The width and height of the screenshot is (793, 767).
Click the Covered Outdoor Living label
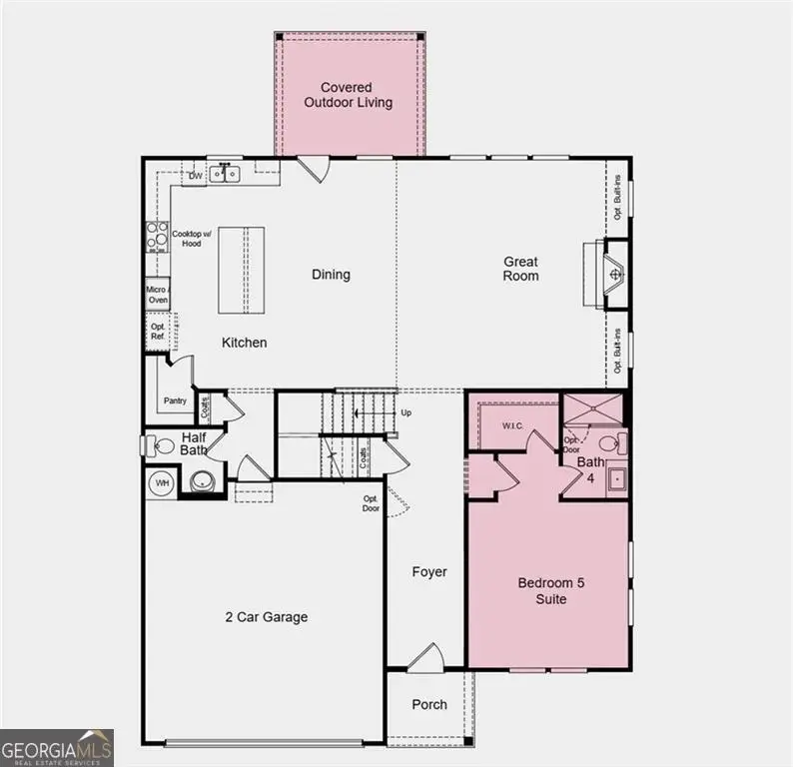[349, 95]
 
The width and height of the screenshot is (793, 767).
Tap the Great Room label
[520, 269]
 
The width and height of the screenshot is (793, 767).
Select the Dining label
[331, 274]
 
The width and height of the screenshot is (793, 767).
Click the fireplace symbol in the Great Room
[615, 273]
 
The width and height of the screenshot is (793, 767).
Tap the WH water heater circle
[161, 483]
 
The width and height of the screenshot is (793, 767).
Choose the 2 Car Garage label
[266, 617]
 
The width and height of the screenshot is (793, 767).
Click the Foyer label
[429, 572]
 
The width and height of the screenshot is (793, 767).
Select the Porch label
[429, 704]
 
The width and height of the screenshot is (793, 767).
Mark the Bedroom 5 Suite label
[542, 591]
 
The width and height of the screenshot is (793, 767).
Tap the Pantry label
[175, 401]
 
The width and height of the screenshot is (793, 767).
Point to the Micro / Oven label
[157, 294]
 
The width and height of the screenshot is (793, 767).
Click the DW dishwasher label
[196, 178]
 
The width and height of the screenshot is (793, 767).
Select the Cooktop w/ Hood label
[187, 238]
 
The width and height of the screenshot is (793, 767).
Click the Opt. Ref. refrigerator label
[158, 332]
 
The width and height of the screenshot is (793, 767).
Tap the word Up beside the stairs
[405, 412]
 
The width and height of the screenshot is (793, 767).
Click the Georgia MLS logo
[57, 748]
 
